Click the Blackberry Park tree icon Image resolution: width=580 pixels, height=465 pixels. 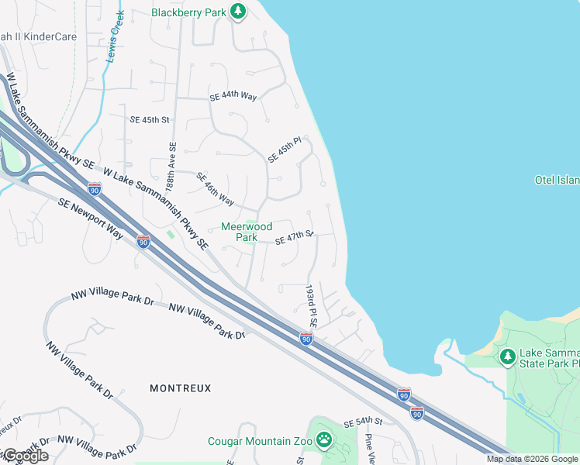[239, 12]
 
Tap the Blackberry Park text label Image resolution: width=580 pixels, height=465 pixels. [190, 12]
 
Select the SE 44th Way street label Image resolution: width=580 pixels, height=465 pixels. [233, 97]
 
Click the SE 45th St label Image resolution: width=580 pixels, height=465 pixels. [150, 119]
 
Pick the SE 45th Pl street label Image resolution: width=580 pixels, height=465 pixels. [284, 150]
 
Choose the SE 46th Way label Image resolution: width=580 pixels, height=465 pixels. [215, 189]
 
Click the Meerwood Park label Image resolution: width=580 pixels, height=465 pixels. [247, 232]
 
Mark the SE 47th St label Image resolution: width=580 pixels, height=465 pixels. [294, 237]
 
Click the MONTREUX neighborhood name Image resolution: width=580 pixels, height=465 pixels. [180, 388]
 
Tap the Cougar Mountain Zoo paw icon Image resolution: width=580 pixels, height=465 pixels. [324, 441]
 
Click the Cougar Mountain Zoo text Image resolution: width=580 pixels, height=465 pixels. [260, 442]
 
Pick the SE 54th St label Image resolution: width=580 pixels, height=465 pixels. [364, 421]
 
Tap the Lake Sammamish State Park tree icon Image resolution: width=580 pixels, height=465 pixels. [508, 356]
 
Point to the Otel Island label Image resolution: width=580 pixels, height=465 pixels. [557, 180]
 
